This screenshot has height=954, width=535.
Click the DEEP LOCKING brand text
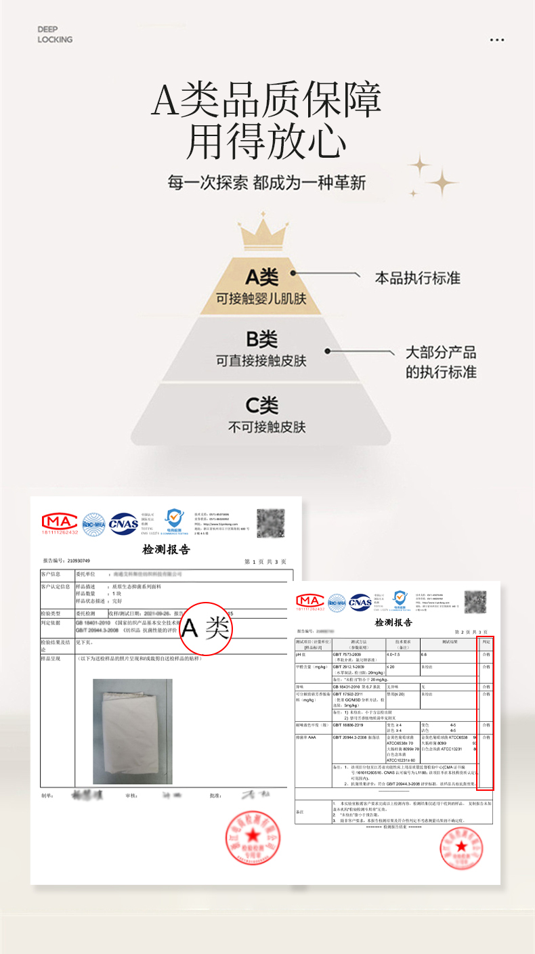(55, 35)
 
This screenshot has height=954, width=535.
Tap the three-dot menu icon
(497, 40)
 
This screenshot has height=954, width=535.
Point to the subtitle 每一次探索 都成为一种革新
(267, 183)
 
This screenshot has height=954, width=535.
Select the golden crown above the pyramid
(261, 233)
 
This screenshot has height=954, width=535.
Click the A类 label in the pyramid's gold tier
(261, 277)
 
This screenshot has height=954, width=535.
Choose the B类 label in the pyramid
(261, 339)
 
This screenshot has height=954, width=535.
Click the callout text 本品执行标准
(418, 278)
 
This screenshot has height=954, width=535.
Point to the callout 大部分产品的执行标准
(441, 362)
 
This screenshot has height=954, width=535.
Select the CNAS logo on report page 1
(123, 523)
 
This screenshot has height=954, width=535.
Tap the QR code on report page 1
(270, 523)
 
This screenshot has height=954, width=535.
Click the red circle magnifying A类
(206, 630)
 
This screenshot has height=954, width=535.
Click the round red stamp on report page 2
(461, 848)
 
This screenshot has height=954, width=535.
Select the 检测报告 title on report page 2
(393, 622)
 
